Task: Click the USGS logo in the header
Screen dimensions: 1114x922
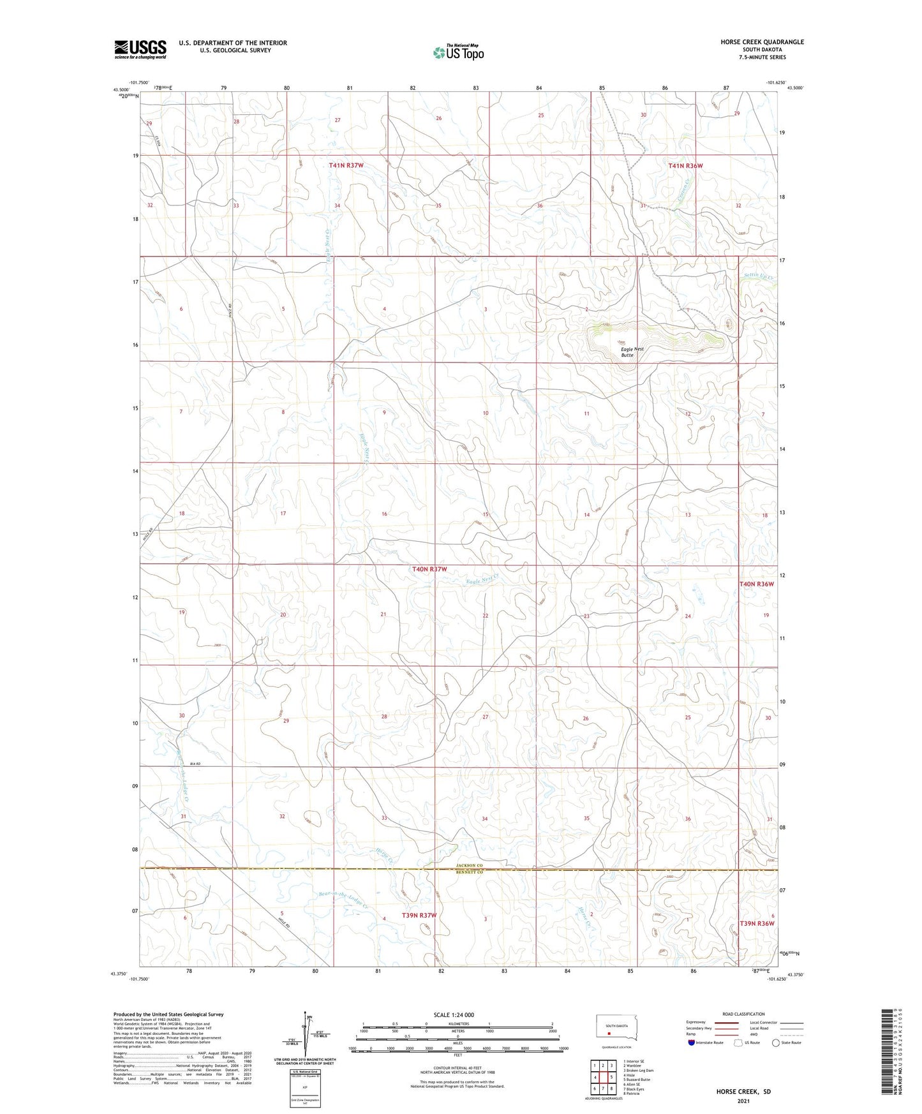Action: [140, 49]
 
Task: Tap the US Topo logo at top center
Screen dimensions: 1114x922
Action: [458, 52]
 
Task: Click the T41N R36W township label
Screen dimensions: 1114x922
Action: [685, 166]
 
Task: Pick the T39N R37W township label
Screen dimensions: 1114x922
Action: [419, 916]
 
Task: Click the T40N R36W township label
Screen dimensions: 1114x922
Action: [756, 584]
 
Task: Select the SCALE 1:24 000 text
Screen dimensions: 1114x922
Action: [454, 1015]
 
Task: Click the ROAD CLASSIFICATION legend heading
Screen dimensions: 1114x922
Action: [743, 1014]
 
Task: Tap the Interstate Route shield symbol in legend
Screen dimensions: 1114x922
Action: [692, 1043]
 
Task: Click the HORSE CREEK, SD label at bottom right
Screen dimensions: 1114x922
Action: [743, 1092]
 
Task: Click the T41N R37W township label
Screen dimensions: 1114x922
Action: [346, 166]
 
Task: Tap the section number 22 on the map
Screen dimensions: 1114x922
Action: [485, 616]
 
